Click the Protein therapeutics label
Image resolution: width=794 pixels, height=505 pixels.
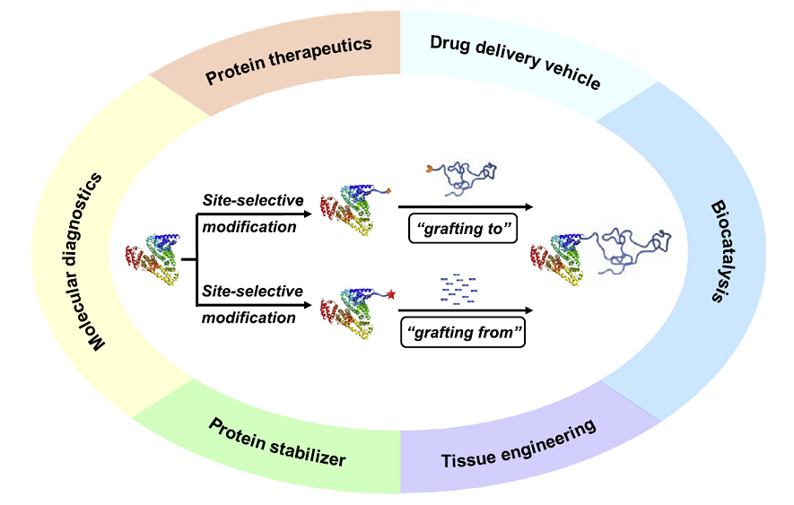point(289,60)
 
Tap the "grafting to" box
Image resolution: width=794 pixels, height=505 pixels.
point(459,229)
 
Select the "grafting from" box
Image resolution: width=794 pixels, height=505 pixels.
point(461,334)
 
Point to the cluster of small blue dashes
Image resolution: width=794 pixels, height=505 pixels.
point(458,284)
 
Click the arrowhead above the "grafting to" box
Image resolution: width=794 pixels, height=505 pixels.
point(528,207)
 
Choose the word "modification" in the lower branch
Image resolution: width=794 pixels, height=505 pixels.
point(249,317)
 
